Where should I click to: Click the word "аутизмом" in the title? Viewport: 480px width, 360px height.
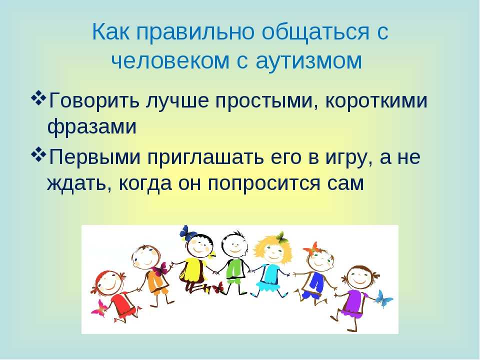point(309,60)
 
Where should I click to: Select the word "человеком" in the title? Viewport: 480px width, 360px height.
point(170,60)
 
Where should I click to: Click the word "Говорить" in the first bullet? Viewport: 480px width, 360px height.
point(94,100)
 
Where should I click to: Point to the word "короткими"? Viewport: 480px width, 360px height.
point(376,100)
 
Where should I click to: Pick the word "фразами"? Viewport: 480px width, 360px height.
point(92,126)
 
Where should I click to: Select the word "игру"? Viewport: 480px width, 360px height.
point(348,158)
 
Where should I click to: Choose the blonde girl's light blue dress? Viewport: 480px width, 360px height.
point(269,277)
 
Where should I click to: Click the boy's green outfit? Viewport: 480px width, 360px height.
point(235,269)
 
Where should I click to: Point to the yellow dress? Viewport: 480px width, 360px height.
point(193,269)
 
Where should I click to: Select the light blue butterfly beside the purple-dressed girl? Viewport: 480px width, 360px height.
point(383,298)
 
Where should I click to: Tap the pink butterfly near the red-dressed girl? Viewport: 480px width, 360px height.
point(99,307)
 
